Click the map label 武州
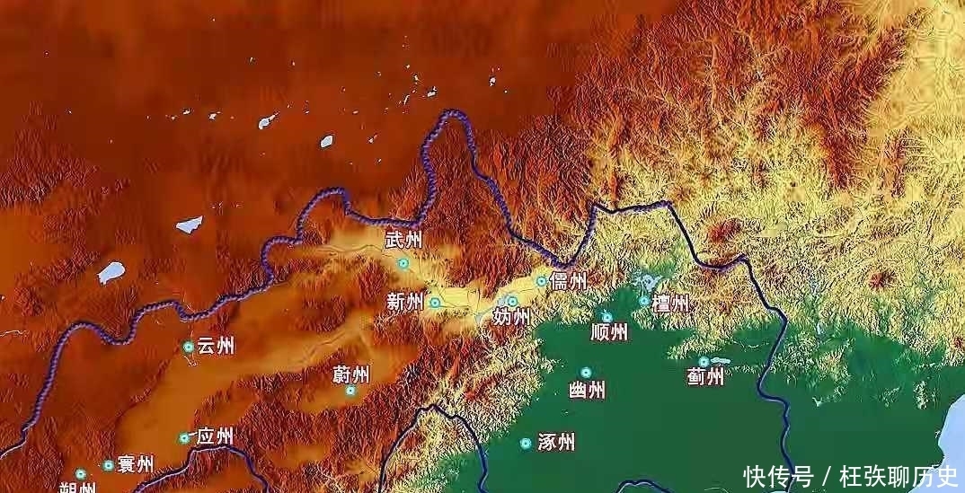pyautogui.click(x=403, y=241)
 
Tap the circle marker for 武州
pyautogui.click(x=403, y=263)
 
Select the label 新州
pyautogui.click(x=404, y=303)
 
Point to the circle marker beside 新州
pyautogui.click(x=435, y=303)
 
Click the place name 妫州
pyautogui.click(x=510, y=317)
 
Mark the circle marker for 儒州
pyautogui.click(x=542, y=281)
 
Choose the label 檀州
pyautogui.click(x=671, y=304)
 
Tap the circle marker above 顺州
pyautogui.click(x=607, y=317)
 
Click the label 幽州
pyautogui.click(x=587, y=390)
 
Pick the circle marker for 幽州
pyautogui.click(x=586, y=372)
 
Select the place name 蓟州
pyautogui.click(x=704, y=376)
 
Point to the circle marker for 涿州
pyautogui.click(x=526, y=443)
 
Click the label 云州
pyautogui.click(x=216, y=346)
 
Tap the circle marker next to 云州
pyautogui.click(x=189, y=347)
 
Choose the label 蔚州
pyautogui.click(x=350, y=374)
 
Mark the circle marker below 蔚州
pyautogui.click(x=350, y=391)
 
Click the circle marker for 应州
pyautogui.click(x=184, y=438)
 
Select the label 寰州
pyautogui.click(x=135, y=465)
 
